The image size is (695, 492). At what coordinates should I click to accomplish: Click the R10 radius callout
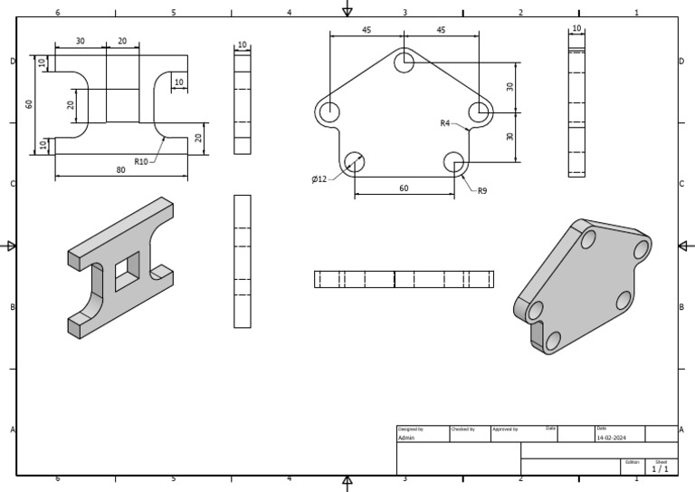point(141,162)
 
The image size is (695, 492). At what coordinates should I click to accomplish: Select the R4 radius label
point(444,123)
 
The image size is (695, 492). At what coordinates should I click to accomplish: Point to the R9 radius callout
point(482,191)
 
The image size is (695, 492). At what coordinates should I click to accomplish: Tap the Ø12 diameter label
point(319,179)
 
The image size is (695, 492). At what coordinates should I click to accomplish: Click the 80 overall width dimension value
point(121,169)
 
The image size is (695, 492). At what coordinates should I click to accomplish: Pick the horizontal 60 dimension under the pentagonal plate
point(404,188)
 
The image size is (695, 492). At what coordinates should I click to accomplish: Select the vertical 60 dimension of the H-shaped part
point(30,104)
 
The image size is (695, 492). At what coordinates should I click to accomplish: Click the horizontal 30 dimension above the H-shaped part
point(81,42)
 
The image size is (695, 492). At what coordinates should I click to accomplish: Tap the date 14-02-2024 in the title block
point(612,438)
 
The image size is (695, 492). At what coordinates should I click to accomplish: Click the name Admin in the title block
point(405,438)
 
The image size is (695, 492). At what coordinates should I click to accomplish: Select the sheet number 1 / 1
point(661,468)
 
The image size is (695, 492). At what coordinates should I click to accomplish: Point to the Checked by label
point(462,429)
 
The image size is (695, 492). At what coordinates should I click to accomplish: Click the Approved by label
point(505,429)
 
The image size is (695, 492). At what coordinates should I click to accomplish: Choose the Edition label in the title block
point(632,461)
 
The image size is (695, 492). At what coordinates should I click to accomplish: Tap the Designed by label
point(410,429)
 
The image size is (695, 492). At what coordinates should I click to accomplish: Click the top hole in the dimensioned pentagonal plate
point(405,62)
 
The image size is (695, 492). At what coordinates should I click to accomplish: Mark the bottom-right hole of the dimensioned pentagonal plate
point(454,162)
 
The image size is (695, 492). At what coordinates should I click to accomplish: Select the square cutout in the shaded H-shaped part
point(128,269)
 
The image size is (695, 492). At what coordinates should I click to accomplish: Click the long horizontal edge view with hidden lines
point(404,279)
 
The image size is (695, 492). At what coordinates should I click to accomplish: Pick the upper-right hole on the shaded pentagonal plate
point(641,249)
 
